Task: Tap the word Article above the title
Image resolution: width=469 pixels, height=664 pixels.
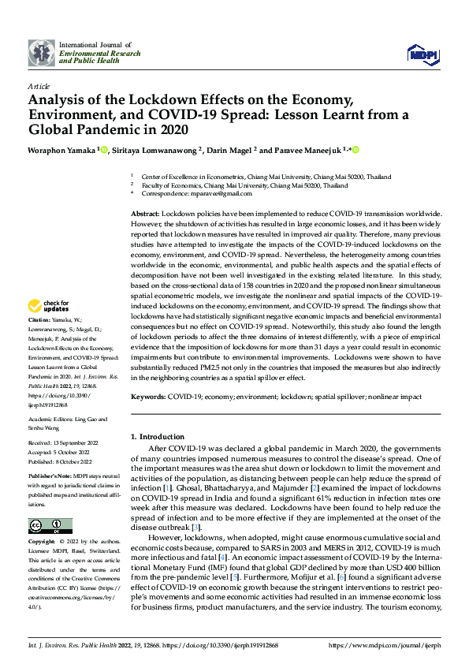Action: point(39,85)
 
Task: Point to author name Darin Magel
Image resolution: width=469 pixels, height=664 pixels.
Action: point(228,150)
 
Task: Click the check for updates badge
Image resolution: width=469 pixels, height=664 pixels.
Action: point(49,306)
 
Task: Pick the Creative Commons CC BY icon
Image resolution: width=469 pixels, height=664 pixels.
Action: point(50,526)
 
